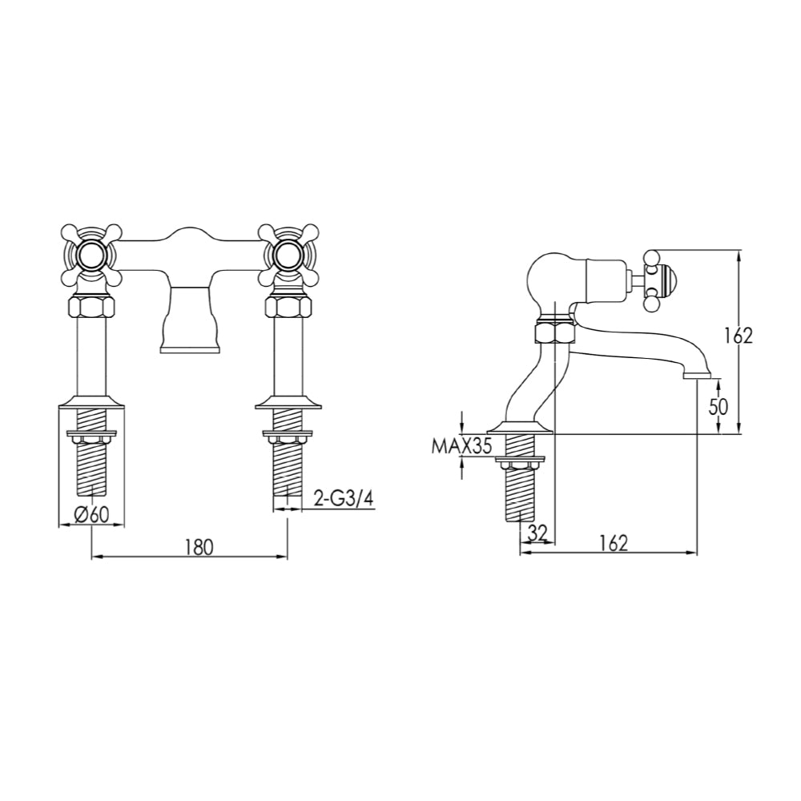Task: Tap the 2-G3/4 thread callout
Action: pos(342,499)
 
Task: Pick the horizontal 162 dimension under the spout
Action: pos(612,542)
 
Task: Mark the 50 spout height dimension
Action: pos(718,406)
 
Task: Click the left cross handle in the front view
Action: pos(91,255)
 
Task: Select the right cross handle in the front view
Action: pos(286,255)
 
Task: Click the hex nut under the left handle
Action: pos(92,306)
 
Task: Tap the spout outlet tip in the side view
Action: pos(698,373)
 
